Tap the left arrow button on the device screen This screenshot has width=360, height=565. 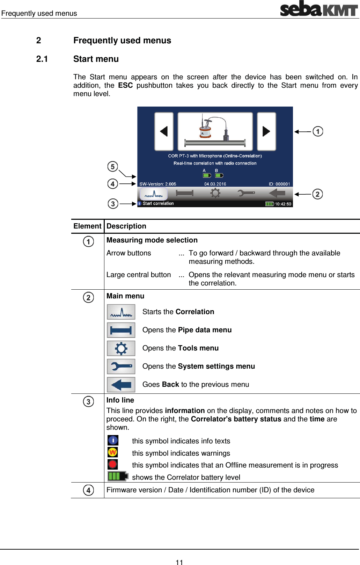click(164, 131)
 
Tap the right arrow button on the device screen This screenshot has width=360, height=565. click(266, 131)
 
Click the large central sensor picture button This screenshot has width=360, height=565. click(215, 131)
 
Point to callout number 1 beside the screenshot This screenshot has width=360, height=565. click(318, 131)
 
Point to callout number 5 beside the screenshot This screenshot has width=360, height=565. click(112, 166)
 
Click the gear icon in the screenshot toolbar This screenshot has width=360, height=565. click(215, 193)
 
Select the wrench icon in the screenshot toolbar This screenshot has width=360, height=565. click(246, 193)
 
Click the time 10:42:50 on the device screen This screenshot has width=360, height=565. click(283, 204)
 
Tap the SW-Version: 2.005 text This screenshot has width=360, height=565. click(157, 184)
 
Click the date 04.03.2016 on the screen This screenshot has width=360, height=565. click(215, 184)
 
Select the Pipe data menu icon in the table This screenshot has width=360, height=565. click(121, 330)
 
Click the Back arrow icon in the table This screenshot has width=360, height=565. click(121, 384)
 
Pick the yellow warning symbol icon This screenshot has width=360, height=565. click(112, 452)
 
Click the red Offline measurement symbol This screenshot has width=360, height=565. click(112, 464)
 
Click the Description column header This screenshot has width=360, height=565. click(126, 226)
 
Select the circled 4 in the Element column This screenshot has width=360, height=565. click(88, 490)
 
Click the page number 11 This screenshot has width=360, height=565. click(179, 562)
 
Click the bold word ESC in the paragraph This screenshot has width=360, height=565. click(125, 85)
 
